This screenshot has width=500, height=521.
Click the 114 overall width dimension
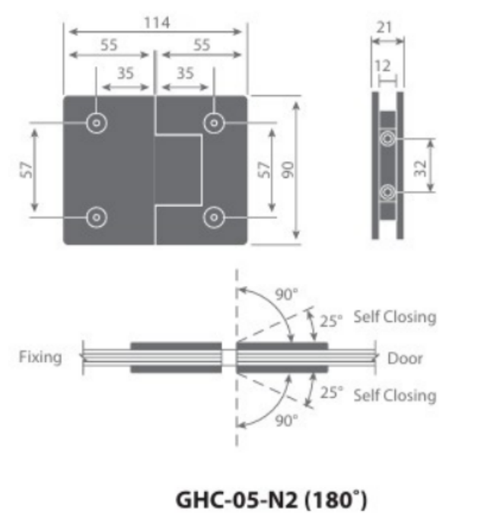pos(157,23)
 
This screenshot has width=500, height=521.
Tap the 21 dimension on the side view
pos(387,27)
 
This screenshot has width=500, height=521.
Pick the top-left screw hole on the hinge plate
pos(96,122)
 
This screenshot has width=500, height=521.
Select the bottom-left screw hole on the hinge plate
pos(96,217)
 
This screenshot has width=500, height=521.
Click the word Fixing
pos(40,357)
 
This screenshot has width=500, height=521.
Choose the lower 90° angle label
pos(286,420)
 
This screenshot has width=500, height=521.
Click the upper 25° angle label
pos(331,320)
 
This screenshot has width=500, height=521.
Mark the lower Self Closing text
pos(394,395)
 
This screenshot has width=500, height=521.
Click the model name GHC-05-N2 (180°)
pos(271,500)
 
